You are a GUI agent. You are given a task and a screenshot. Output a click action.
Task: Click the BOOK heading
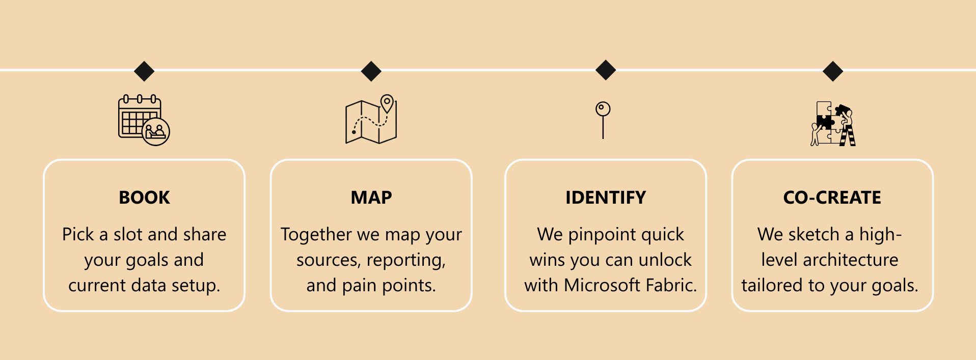coord(144,198)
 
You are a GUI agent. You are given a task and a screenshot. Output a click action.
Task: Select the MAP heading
coord(371,198)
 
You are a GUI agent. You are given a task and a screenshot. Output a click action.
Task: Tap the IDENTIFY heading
coord(606,198)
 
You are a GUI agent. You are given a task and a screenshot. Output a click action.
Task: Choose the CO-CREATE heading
coord(832,198)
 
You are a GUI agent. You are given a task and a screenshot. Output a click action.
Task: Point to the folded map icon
coord(371,119)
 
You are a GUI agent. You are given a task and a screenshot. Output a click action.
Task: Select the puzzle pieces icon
coord(833,124)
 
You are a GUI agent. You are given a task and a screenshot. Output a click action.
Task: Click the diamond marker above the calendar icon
coord(144,71)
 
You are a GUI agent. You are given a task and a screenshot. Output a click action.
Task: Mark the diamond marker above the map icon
coord(371,71)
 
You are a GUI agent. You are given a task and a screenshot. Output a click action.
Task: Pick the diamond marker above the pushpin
coord(606,70)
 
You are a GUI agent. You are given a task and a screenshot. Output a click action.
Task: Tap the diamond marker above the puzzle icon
coord(833,71)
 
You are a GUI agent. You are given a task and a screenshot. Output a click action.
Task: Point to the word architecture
coord(850,260)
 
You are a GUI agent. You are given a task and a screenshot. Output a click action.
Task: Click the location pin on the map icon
coord(387,103)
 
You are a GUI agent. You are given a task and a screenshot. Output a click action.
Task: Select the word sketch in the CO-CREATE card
coord(814,234)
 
